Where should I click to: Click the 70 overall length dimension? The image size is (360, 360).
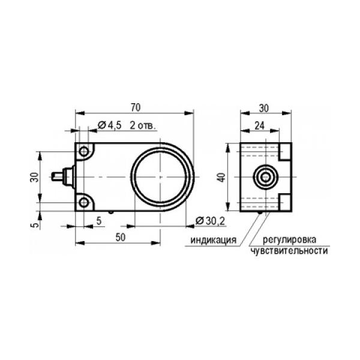click(x=136, y=107)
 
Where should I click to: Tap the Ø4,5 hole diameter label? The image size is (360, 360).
click(x=110, y=125)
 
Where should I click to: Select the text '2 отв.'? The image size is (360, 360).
click(x=143, y=125)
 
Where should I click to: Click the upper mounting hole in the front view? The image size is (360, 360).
click(x=84, y=151)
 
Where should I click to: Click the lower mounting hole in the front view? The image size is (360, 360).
click(x=84, y=203)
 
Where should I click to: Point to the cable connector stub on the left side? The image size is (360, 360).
click(x=62, y=177)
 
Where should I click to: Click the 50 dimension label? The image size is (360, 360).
click(x=121, y=238)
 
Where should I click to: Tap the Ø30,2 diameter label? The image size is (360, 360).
click(x=210, y=221)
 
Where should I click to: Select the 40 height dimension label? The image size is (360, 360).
click(x=221, y=177)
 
